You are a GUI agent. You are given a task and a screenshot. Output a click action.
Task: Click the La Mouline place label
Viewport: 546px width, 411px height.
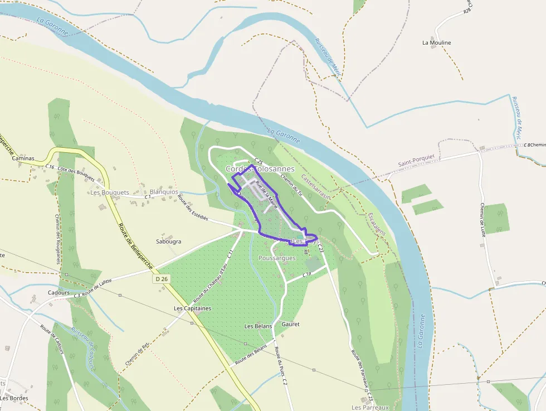click(436, 42)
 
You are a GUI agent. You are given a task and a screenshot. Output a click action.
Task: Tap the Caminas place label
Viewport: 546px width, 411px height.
click(23, 158)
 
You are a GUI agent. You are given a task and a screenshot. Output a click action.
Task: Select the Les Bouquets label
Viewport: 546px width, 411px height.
click(109, 192)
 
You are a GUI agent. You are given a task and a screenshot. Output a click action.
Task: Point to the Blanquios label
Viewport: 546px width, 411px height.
click(164, 191)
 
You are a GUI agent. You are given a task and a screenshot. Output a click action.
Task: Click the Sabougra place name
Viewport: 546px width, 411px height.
click(169, 242)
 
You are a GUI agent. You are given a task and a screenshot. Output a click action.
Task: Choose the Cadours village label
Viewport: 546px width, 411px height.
click(58, 292)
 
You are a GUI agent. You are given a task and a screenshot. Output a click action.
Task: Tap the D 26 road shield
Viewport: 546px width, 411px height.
click(162, 278)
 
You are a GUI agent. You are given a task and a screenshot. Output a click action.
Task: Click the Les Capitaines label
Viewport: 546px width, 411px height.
click(192, 308)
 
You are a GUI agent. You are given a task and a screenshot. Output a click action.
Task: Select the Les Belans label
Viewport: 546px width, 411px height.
click(258, 326)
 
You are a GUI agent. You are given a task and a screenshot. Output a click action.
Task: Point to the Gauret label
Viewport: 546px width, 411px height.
click(291, 324)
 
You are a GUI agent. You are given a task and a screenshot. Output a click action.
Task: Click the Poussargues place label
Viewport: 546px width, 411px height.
click(277, 258)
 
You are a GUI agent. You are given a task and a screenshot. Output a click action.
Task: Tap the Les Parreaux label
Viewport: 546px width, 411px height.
click(369, 408)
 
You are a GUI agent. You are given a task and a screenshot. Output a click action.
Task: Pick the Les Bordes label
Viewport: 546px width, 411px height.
click(14, 398)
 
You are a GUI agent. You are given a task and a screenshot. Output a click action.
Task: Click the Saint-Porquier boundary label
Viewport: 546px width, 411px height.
click(416, 161)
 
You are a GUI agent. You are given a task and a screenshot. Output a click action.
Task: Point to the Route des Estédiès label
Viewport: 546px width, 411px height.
click(193, 207)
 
